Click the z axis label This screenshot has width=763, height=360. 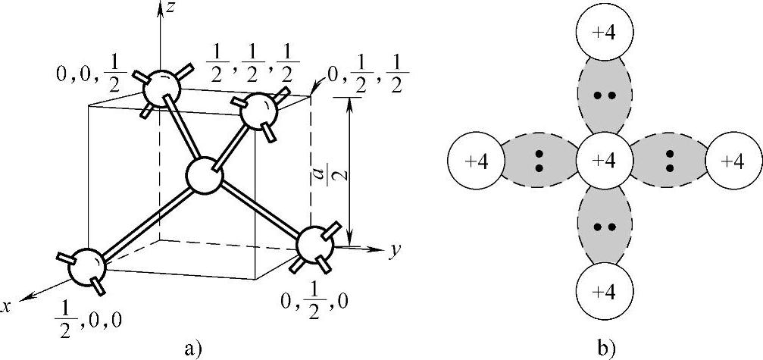174,10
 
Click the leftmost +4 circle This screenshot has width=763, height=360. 475,161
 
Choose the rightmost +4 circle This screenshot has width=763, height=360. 733,161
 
